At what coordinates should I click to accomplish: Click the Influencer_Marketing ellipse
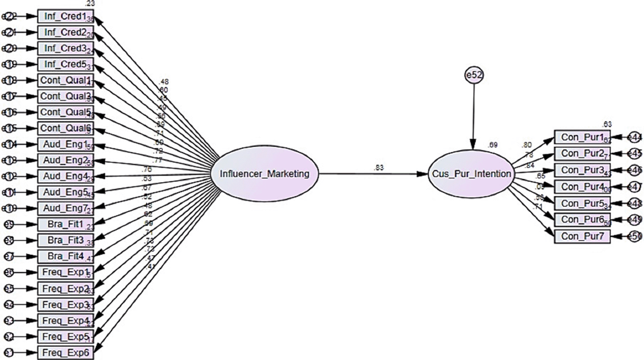click(265, 174)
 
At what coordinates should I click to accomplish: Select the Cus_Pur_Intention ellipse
click(471, 174)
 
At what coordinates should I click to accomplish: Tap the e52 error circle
click(474, 75)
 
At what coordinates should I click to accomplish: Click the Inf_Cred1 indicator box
click(65, 17)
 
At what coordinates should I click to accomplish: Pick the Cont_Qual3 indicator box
click(65, 96)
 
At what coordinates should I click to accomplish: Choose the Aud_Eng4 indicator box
click(65, 176)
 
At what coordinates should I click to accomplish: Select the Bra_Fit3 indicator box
click(65, 241)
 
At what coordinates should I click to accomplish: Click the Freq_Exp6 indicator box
click(65, 353)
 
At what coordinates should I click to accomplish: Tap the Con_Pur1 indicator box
click(582, 137)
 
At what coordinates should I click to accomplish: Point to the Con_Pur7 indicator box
click(582, 236)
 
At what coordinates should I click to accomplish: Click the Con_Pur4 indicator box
click(582, 187)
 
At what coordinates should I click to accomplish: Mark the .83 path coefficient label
click(379, 168)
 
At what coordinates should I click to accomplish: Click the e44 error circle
click(635, 137)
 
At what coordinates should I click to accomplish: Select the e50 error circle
click(635, 236)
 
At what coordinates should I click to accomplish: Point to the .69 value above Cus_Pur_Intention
click(492, 145)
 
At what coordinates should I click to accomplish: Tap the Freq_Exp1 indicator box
click(65, 272)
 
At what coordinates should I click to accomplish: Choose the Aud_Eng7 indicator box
click(65, 208)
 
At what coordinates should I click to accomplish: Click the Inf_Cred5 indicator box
click(65, 64)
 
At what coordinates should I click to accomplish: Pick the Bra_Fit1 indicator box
click(65, 224)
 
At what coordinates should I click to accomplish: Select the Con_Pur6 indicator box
click(582, 220)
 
